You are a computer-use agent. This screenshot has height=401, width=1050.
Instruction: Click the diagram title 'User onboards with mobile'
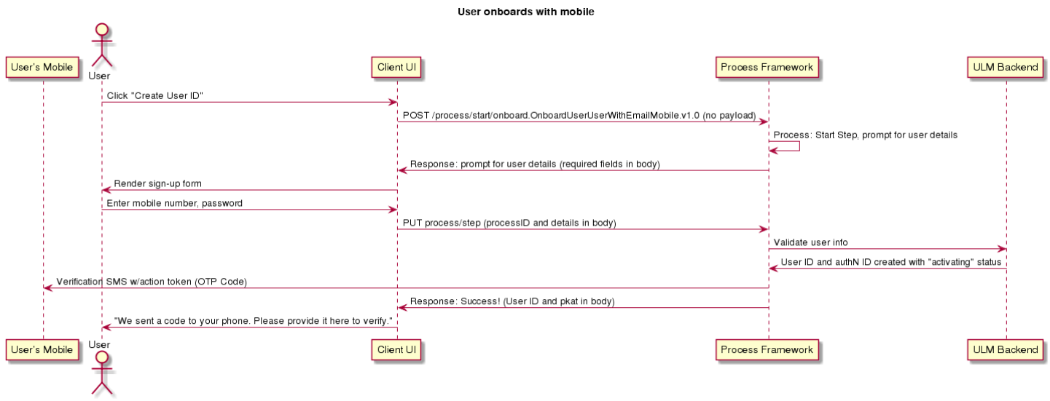(525, 12)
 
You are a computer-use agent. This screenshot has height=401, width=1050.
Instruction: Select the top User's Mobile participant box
(42, 68)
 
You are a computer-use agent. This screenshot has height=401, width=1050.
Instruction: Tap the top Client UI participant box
(396, 68)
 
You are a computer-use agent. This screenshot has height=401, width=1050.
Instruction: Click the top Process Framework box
(767, 68)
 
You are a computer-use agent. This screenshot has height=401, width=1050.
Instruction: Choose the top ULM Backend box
(1006, 68)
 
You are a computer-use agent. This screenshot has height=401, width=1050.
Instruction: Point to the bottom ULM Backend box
(1006, 349)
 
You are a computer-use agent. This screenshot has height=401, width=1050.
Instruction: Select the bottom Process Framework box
(767, 349)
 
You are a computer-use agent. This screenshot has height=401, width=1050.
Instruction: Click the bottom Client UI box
(396, 349)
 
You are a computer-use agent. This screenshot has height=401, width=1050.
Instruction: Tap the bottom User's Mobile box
(42, 349)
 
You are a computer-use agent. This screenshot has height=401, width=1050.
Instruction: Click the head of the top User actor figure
(102, 30)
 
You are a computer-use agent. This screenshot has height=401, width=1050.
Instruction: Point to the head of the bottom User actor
(102, 358)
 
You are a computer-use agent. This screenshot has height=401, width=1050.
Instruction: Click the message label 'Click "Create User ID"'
(154, 96)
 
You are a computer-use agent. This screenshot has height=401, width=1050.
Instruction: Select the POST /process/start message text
(579, 116)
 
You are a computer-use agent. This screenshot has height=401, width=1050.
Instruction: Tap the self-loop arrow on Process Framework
(799, 146)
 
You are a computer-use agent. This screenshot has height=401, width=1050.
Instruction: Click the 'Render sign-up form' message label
(157, 184)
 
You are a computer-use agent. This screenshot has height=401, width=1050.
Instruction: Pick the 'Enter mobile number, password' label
(174, 204)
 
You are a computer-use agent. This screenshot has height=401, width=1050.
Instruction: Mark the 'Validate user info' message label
(810, 242)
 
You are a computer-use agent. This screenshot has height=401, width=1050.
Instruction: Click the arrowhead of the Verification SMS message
(47, 288)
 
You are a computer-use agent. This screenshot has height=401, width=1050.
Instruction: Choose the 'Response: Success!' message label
(512, 301)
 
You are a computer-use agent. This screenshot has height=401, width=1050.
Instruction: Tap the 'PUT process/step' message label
(509, 223)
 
